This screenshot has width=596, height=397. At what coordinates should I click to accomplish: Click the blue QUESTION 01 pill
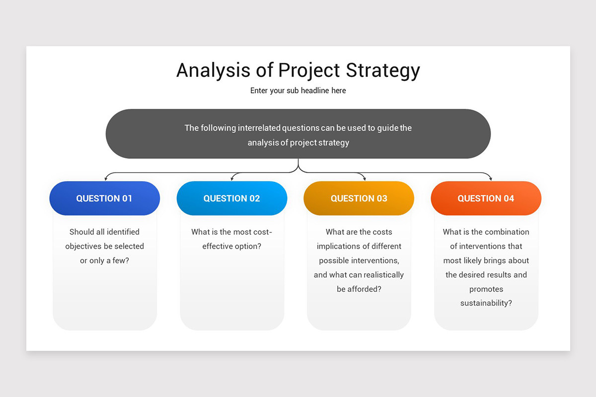tap(104, 198)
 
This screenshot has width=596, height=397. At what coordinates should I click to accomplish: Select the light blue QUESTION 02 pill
tap(231, 198)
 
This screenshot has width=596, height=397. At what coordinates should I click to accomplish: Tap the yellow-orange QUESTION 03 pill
tap(359, 198)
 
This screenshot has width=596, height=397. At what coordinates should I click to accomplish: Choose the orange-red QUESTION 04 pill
tap(486, 198)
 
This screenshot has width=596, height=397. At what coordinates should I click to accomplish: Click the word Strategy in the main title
tap(383, 71)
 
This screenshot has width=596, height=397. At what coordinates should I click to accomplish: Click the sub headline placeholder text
tap(298, 91)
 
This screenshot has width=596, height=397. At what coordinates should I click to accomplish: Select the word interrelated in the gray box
tap(259, 128)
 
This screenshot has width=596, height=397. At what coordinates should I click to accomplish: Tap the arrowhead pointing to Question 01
tap(105, 179)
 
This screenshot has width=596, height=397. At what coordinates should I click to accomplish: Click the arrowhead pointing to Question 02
tap(232, 179)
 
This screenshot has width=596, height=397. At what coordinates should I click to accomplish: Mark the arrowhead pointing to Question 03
tap(364, 179)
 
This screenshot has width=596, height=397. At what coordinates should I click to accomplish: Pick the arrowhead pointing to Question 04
tap(491, 179)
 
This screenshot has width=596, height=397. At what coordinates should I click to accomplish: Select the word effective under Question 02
tap(218, 246)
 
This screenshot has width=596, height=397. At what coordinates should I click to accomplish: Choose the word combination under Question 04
tap(507, 232)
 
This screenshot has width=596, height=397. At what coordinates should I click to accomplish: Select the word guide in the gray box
tap(388, 128)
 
